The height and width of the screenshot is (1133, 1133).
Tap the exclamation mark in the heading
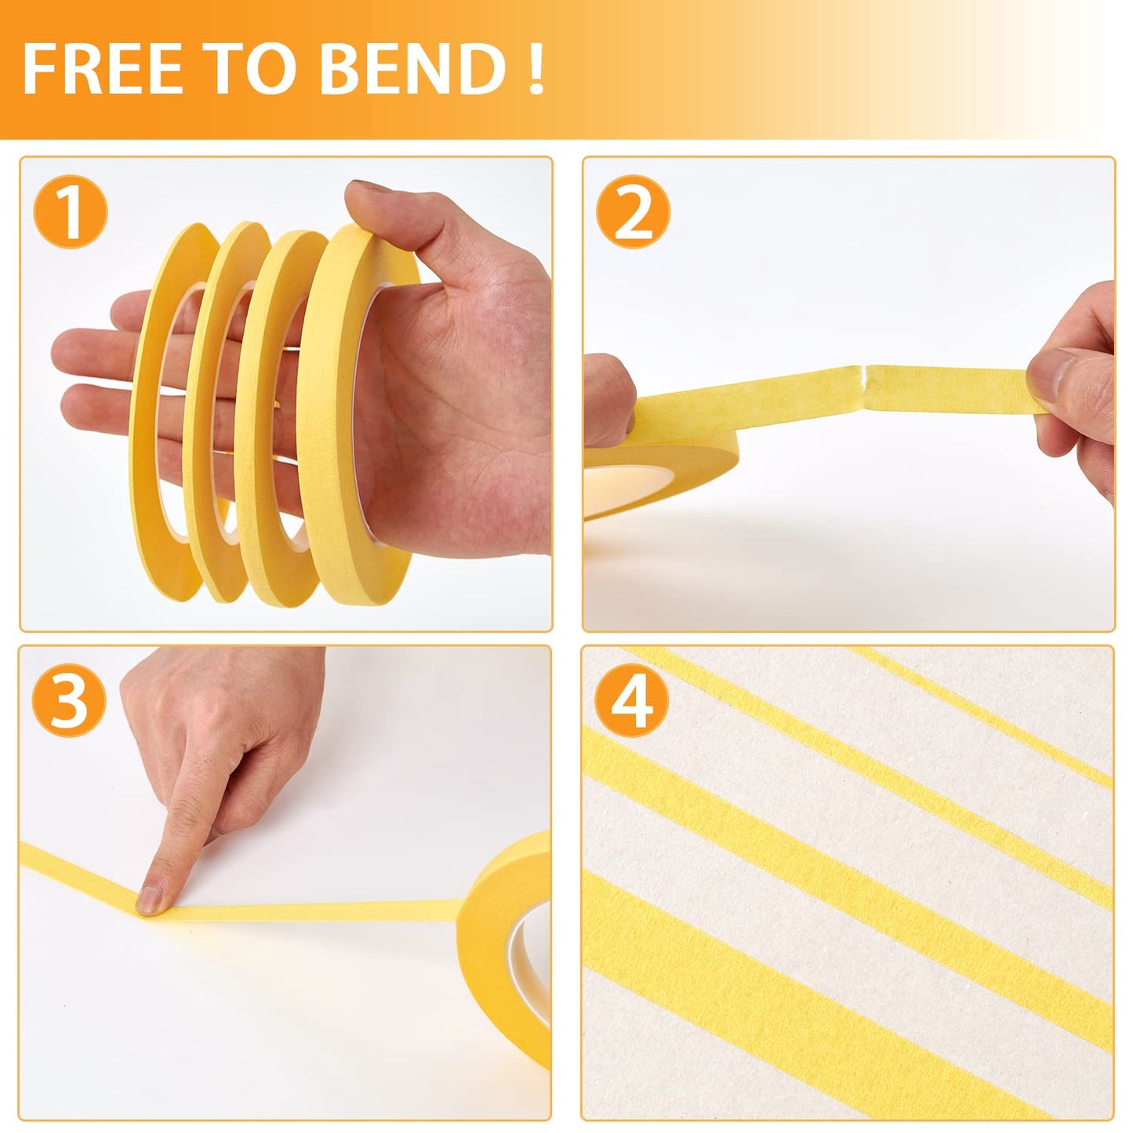[536, 69]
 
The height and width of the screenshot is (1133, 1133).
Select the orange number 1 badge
[71, 211]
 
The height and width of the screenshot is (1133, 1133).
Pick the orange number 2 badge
[633, 211]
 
